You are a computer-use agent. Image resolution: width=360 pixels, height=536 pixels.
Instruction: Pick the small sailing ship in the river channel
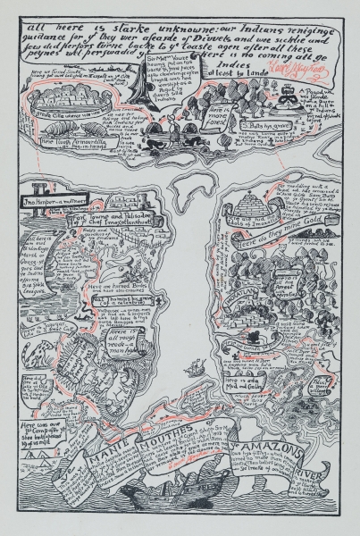pos(194,367)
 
